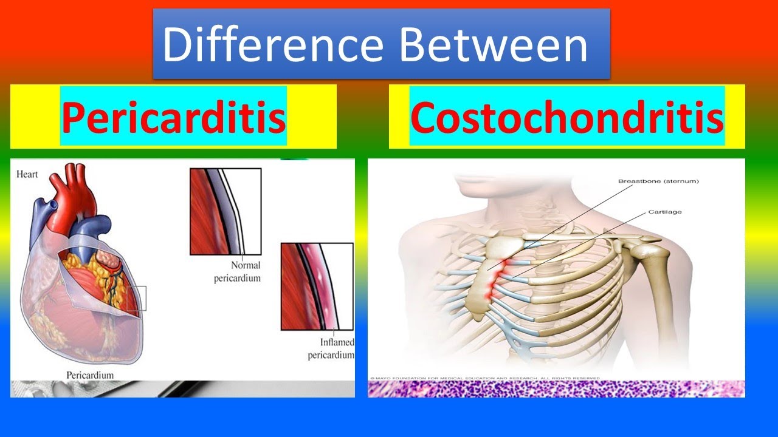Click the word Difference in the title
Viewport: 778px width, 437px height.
(272, 45)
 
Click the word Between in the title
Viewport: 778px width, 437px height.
(493, 45)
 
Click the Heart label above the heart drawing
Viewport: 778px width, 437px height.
(27, 175)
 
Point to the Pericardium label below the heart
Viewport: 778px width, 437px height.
(90, 375)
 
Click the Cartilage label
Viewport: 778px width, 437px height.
(664, 212)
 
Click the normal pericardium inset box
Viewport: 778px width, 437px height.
(225, 211)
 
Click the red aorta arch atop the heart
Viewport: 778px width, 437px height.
(65, 182)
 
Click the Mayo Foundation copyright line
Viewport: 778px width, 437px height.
(483, 378)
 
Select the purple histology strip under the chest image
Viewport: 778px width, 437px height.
(556, 389)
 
